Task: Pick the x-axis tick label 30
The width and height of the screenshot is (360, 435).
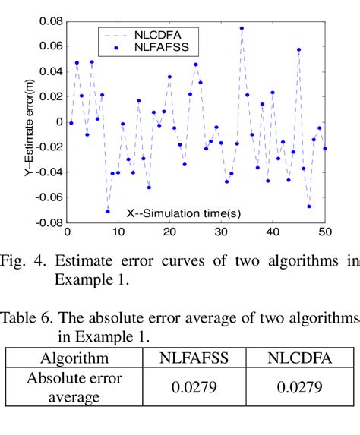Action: click(220, 232)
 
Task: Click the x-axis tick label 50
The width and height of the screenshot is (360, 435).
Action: click(325, 232)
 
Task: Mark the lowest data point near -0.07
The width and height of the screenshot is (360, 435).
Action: click(107, 211)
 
